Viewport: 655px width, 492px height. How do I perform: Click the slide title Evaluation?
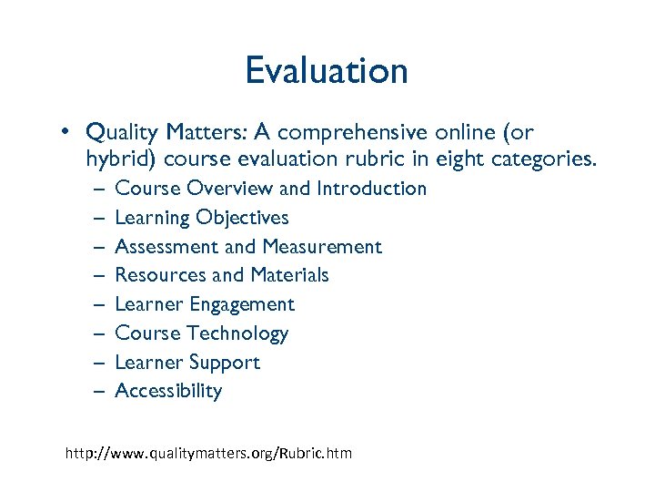327,71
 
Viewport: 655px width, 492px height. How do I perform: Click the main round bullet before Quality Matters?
67,133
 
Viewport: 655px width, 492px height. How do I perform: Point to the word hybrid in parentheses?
119,159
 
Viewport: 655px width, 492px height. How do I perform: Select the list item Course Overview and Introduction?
270,189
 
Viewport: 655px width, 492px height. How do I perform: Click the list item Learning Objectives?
201,218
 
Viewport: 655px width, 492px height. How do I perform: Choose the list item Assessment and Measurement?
248,247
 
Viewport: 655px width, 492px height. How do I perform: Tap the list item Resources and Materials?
222,275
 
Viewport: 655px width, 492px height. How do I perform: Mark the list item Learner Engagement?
205,304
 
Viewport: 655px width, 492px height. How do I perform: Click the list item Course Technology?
201,333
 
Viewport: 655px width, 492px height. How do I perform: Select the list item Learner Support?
187,363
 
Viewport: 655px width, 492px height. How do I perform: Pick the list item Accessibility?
168,391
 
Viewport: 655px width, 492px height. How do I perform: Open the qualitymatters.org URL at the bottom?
208,453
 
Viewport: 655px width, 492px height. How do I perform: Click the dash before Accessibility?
97,392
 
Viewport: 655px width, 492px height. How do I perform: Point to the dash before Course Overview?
97,190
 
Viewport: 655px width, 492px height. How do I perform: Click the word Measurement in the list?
322,247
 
